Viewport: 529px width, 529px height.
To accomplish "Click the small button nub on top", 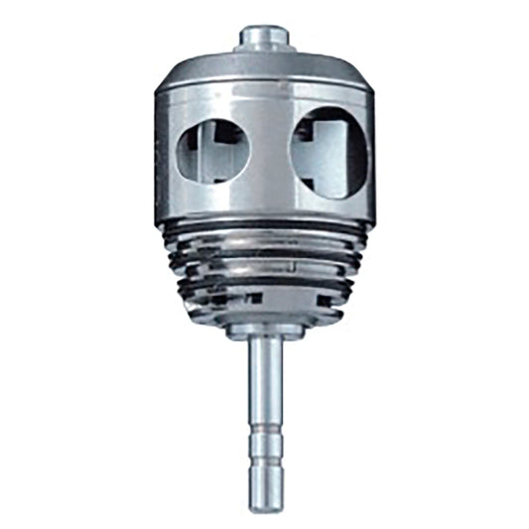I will pyautogui.click(x=265, y=37).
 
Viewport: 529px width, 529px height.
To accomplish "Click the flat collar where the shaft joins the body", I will pyautogui.click(x=265, y=329).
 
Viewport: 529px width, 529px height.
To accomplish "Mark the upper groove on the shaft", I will pyautogui.click(x=265, y=429).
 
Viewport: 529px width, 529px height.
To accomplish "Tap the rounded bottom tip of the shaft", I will pyautogui.click(x=265, y=506).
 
